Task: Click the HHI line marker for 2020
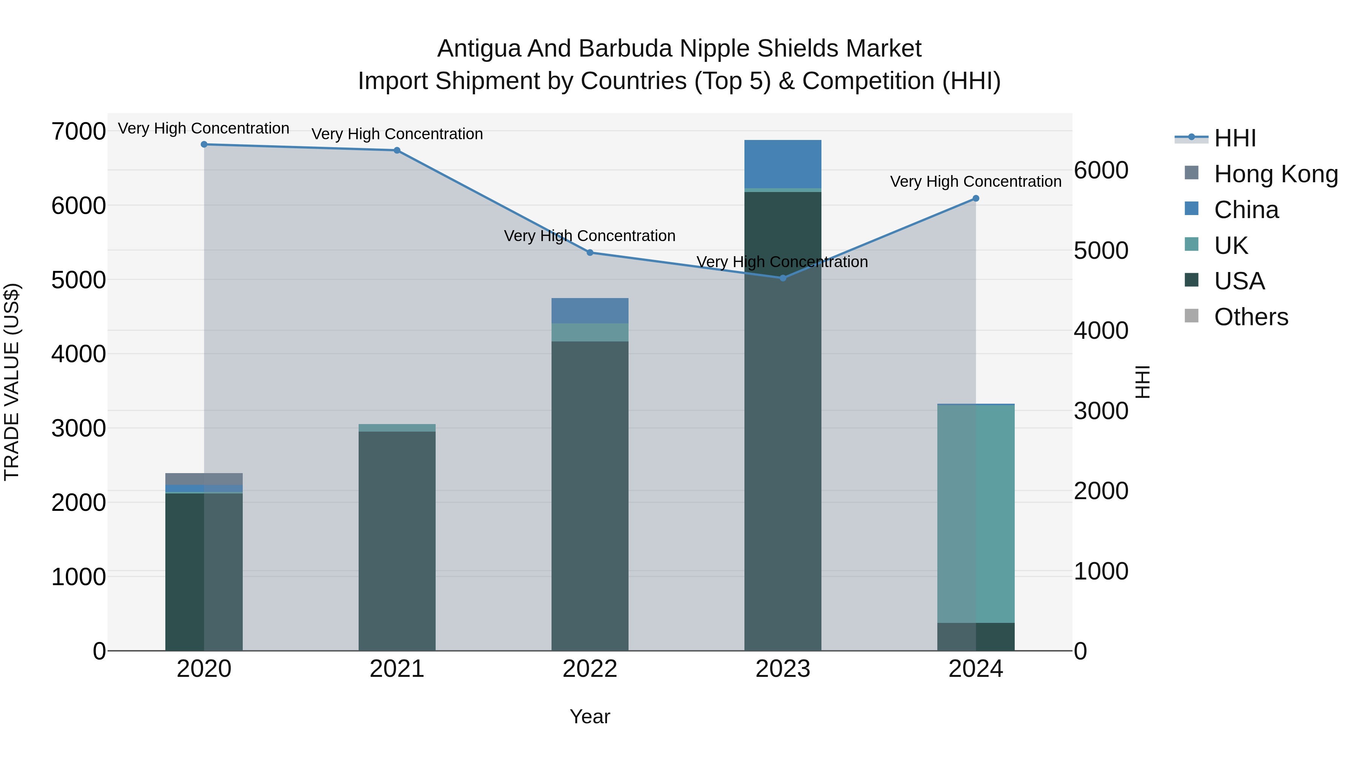click(x=204, y=144)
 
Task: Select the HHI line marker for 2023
click(x=783, y=278)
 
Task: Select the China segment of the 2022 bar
click(x=590, y=311)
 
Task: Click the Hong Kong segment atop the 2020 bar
click(x=204, y=479)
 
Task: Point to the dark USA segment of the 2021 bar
click(x=397, y=540)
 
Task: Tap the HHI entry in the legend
click(x=1234, y=138)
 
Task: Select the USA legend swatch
click(x=1191, y=280)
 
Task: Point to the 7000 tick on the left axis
click(x=78, y=131)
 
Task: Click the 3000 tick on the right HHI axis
click(x=1101, y=411)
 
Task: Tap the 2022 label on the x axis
click(x=590, y=669)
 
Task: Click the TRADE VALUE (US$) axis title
click(x=12, y=382)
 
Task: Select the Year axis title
click(x=590, y=716)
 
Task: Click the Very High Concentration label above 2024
click(x=975, y=181)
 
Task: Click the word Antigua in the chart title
click(x=479, y=49)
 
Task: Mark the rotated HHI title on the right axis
click(x=1142, y=382)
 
